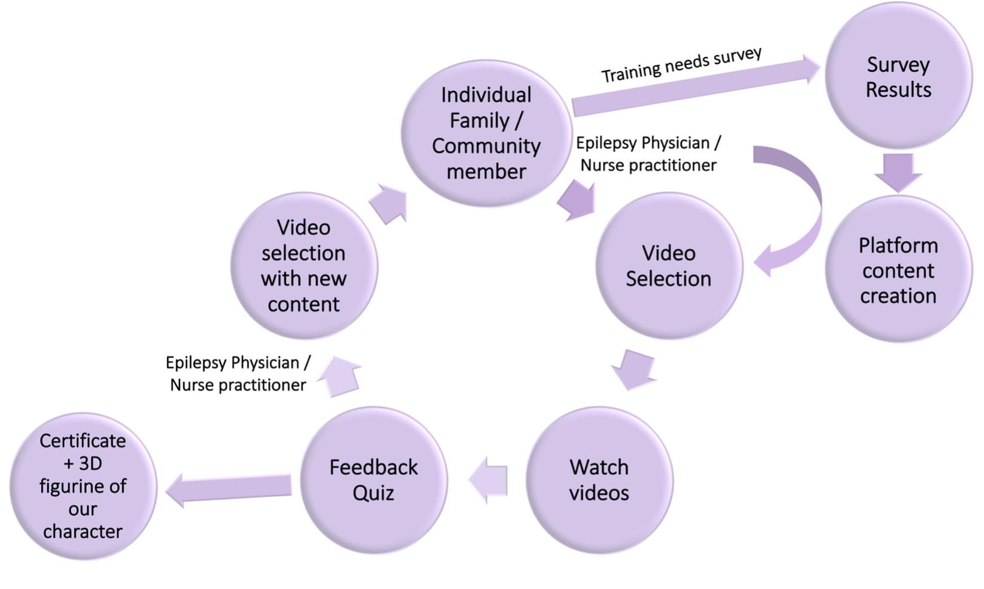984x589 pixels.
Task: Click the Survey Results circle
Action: [x=898, y=77]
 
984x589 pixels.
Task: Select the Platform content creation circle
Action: [x=898, y=270]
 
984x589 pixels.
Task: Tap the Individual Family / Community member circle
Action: [x=486, y=133]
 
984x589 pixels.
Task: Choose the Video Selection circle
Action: [x=668, y=265]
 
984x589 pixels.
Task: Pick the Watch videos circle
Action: [x=599, y=480]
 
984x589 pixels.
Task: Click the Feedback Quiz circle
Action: [x=373, y=480]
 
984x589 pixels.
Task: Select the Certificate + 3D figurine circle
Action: [x=83, y=486]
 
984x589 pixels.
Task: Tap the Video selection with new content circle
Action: [x=303, y=265]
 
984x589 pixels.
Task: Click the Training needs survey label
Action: [x=681, y=65]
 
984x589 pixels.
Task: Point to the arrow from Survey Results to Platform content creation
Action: [x=898, y=172]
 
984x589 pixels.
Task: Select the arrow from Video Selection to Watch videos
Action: [x=634, y=369]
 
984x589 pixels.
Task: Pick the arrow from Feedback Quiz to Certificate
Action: [x=227, y=487]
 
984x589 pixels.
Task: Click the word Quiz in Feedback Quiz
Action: [x=373, y=493]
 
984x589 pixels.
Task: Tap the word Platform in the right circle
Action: [x=898, y=245]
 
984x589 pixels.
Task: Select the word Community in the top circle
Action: [x=486, y=146]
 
